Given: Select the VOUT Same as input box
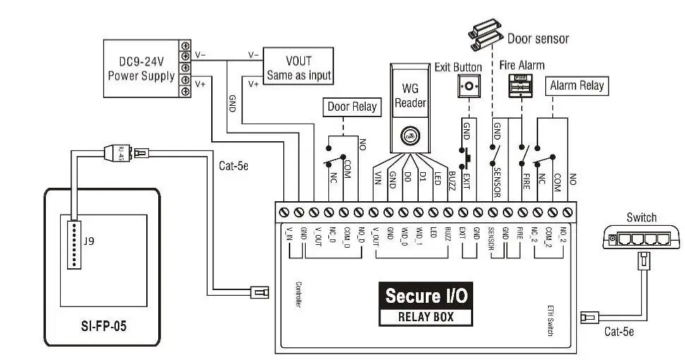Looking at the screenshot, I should tap(298, 68).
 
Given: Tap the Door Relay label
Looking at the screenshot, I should tap(352, 108).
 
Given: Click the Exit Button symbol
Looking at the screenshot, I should tap(465, 88).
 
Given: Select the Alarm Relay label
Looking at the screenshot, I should tap(577, 85).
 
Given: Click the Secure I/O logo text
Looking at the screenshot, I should tap(426, 294).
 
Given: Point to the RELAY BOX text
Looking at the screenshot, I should tap(426, 316).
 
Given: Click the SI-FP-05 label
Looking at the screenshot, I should tap(105, 328).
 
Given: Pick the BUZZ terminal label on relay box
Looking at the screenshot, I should tap(448, 234).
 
